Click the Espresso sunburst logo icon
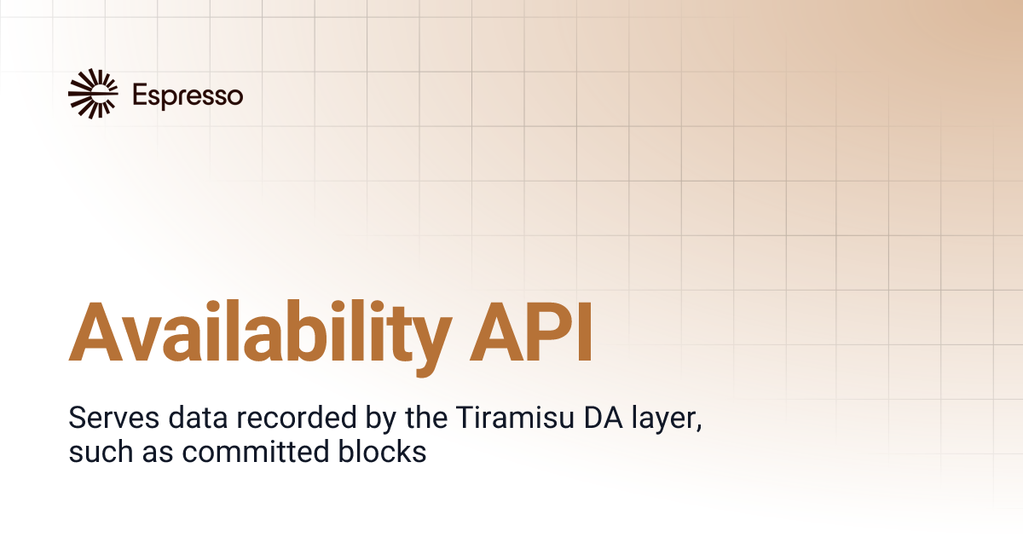93,94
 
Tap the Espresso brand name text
188,95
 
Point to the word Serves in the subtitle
104,420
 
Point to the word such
94,453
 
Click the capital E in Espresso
139,95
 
